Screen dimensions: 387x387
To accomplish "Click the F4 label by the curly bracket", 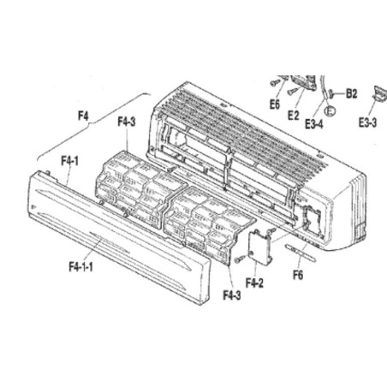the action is coord(83,116).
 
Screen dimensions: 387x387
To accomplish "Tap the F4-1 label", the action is coord(69,161).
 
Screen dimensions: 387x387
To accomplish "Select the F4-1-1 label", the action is coord(80,267).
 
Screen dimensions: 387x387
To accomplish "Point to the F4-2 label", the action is coord(254,283).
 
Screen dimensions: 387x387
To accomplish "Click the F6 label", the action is coord(298,275).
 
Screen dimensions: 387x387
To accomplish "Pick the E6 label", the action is coord(275,104).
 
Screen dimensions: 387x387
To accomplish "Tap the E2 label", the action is coord(294,116).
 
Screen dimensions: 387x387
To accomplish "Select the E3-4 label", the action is coord(314,124).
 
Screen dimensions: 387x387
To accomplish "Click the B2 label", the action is coord(351,93).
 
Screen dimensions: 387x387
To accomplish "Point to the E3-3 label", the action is coord(368,122).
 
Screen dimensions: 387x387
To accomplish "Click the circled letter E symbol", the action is coord(330,110).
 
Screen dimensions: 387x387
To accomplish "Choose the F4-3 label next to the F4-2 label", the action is coord(232,295).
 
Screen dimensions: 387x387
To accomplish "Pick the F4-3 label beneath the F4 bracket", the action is coord(127,122).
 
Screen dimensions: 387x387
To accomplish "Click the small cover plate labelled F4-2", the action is coord(260,246).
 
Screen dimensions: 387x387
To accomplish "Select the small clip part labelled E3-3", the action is coord(380,92).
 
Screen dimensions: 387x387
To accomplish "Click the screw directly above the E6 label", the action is coord(275,82).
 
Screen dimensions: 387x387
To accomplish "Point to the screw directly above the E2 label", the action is coord(292,92).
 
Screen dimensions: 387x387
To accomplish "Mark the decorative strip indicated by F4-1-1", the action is coord(110,243).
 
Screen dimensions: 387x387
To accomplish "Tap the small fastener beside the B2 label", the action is coord(331,94).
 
